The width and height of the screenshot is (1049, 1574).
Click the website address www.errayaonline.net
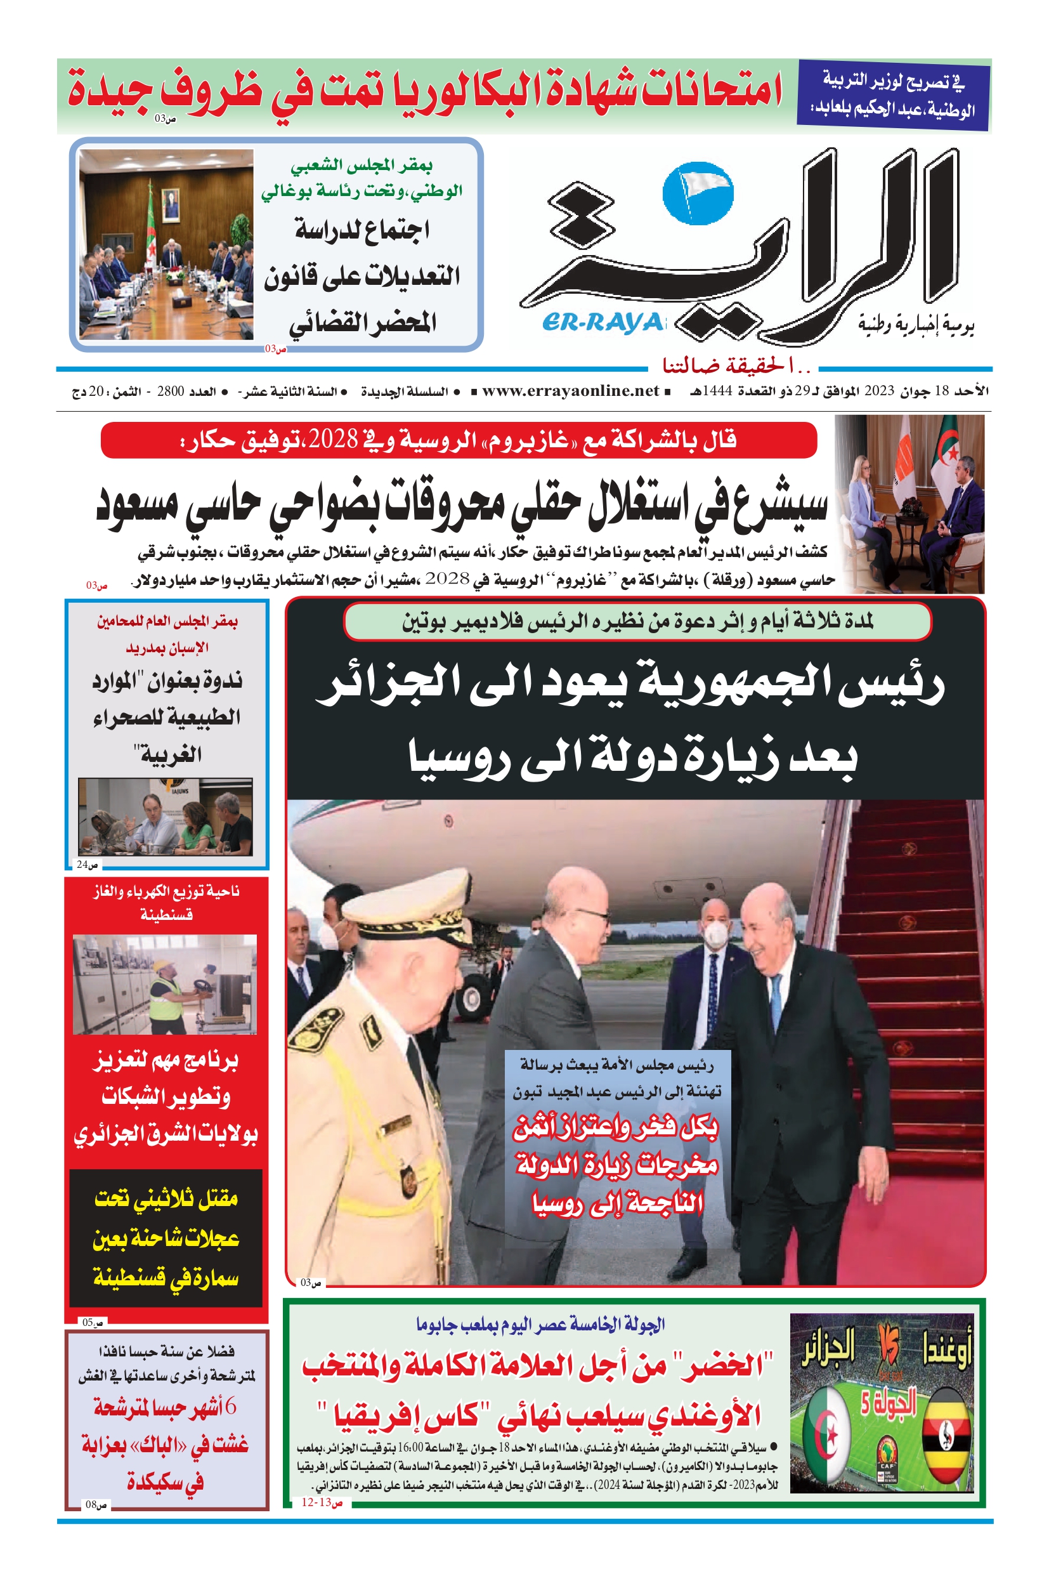570,390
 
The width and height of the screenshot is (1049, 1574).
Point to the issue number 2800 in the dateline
170,391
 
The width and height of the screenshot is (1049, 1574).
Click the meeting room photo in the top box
166,244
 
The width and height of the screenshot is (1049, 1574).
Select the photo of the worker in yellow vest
164,985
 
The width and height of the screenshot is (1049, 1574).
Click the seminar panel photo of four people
166,817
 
